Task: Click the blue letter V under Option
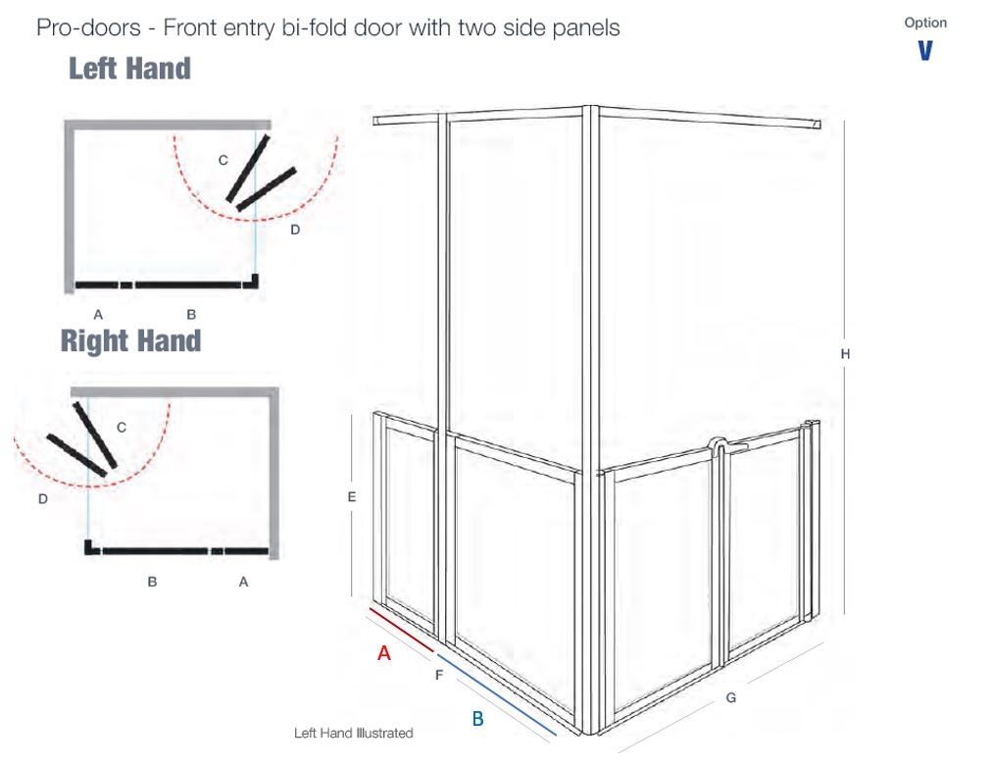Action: [924, 51]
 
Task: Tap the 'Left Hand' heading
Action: [129, 69]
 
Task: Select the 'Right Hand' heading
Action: [130, 340]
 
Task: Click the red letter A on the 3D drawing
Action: [383, 652]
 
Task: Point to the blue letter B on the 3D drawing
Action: [477, 718]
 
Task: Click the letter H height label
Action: [845, 354]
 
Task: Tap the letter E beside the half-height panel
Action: [352, 497]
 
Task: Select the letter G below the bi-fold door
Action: [730, 697]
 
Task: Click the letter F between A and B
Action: [439, 676]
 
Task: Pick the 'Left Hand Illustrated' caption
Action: [353, 733]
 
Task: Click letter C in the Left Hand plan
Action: [223, 161]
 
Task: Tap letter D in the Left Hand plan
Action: [295, 230]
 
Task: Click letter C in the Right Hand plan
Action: [122, 428]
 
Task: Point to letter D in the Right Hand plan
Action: [43, 499]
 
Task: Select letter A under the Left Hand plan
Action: [98, 314]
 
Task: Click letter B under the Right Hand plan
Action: [152, 582]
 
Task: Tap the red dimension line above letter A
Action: [402, 630]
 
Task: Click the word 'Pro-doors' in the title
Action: [88, 27]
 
